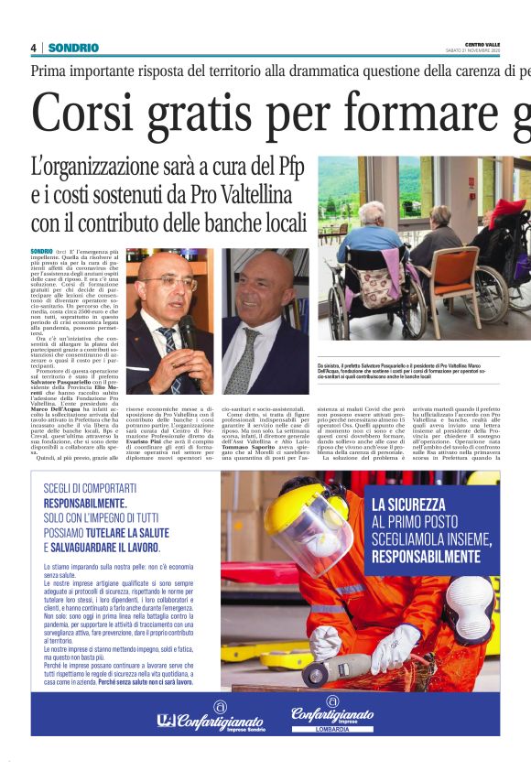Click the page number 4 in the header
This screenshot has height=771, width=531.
pyautogui.click(x=33, y=48)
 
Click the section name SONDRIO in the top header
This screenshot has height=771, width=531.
pyautogui.click(x=68, y=48)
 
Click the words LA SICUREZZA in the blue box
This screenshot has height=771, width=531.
pyautogui.click(x=408, y=505)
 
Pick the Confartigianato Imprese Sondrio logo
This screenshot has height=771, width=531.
pyautogui.click(x=210, y=720)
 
